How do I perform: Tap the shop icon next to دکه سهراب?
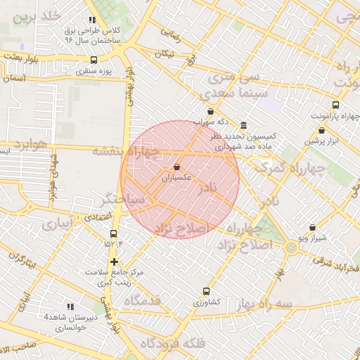[x=210, y=111]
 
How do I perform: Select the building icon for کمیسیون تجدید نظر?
[x=243, y=124]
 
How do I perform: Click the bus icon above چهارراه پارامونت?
[x=335, y=105]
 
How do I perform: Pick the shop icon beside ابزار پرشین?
[x=322, y=130]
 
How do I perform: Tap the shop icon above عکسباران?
[x=176, y=167]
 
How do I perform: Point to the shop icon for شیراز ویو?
[x=313, y=228]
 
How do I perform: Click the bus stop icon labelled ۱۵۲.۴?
[x=113, y=234]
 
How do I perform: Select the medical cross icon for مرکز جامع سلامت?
[x=114, y=262]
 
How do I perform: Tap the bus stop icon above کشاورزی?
[x=206, y=291]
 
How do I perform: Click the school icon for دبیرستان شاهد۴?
[x=70, y=307]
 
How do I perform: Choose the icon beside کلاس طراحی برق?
[x=91, y=21]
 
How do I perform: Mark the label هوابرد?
[x=28, y=145]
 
